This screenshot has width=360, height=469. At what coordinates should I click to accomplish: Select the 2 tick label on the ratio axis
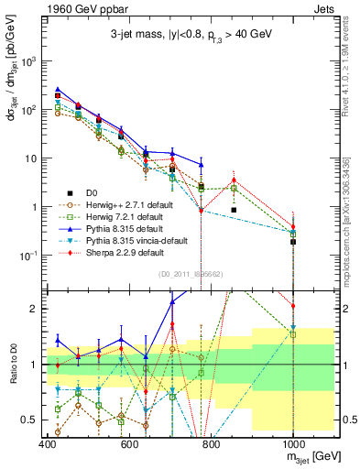34,309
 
